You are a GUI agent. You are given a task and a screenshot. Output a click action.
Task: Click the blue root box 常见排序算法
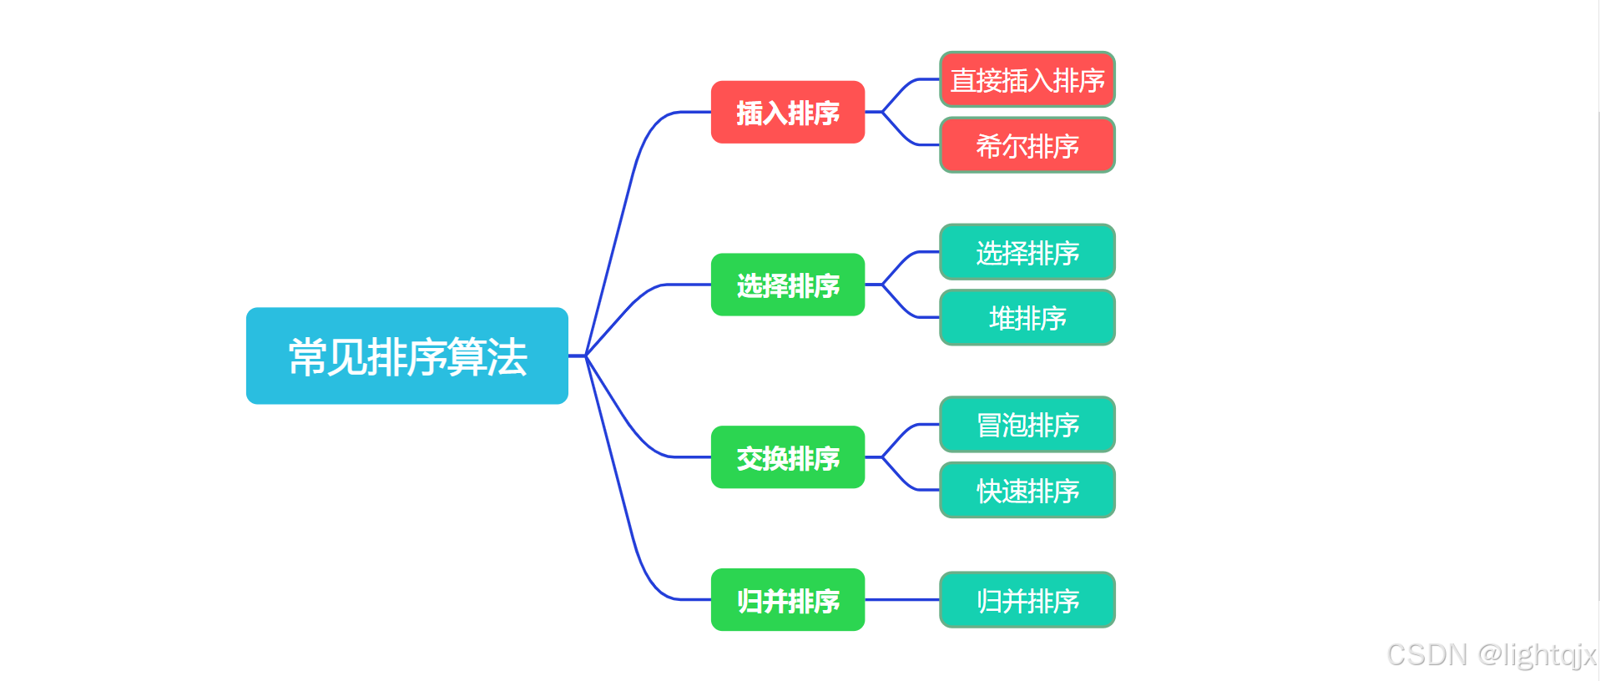pyautogui.click(x=407, y=356)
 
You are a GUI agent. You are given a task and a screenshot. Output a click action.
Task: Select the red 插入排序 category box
pyautogui.click(x=787, y=112)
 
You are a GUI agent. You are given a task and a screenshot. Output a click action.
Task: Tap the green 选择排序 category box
pyautogui.click(x=787, y=285)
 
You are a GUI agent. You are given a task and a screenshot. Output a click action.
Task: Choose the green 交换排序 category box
pyautogui.click(x=787, y=457)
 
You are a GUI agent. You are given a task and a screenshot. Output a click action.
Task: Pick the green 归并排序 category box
pyautogui.click(x=787, y=600)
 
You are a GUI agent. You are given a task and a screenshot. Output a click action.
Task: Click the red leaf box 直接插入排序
pyautogui.click(x=1027, y=80)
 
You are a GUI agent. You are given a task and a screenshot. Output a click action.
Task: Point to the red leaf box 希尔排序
pyautogui.click(x=1027, y=145)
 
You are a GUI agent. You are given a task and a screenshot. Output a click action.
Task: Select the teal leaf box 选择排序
pyautogui.click(x=1027, y=252)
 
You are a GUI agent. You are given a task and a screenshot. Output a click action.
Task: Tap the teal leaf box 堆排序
pyautogui.click(x=1027, y=318)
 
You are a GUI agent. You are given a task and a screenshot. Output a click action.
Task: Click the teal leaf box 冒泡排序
pyautogui.click(x=1027, y=425)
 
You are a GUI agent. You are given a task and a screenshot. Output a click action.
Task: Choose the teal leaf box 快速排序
pyautogui.click(x=1027, y=491)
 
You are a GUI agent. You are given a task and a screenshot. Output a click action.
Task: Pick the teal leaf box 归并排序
pyautogui.click(x=1027, y=600)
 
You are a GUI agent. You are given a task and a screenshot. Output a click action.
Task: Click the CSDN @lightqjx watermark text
pyautogui.click(x=1491, y=655)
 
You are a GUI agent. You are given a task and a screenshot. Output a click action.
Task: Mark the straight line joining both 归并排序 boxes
pyautogui.click(x=901, y=600)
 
